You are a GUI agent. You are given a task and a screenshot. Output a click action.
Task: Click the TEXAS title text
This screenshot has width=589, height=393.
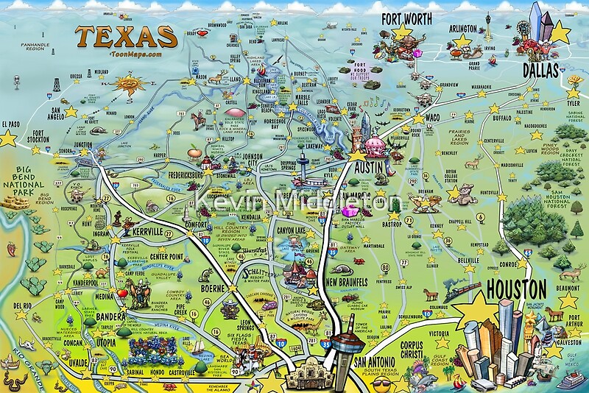[126, 37]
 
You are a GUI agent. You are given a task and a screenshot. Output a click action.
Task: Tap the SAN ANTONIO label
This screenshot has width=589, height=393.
[378, 364]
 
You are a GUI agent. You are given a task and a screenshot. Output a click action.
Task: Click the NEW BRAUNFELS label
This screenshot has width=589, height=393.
[352, 282]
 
